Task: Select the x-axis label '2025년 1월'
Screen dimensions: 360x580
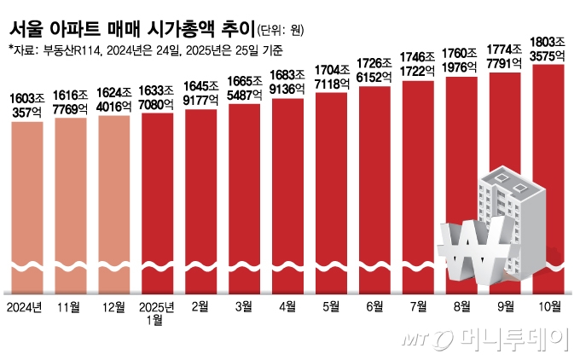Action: [158, 311]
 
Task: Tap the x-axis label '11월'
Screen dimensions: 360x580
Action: [71, 306]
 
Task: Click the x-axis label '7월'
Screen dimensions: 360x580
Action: [417, 306]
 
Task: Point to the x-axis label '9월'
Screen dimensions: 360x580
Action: [504, 306]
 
